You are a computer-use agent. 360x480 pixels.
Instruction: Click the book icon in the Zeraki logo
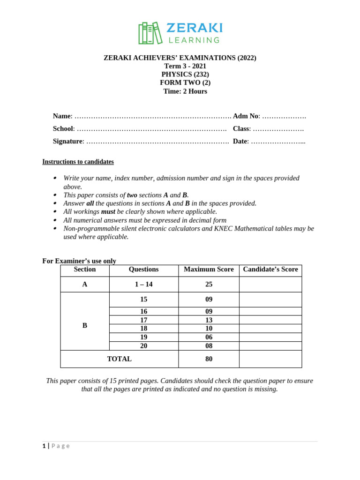[x=150, y=33]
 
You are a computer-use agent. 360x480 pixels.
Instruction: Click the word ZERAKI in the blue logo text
[x=195, y=28]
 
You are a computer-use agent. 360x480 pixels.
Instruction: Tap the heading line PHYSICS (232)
[x=185, y=74]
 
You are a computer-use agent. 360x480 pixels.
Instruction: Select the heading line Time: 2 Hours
[x=185, y=91]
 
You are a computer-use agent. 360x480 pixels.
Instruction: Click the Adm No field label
[x=245, y=116]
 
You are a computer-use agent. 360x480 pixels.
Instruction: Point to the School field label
[x=63, y=128]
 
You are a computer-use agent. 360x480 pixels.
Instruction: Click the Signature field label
[x=67, y=141]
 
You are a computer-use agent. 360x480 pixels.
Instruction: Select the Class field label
[x=241, y=128]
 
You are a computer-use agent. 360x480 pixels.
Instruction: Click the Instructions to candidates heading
[x=78, y=162]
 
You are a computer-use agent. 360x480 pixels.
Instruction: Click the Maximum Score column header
[x=209, y=270]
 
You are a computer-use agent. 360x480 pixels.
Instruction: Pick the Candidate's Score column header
[x=270, y=270]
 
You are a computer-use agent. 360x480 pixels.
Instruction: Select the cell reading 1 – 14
[x=143, y=284]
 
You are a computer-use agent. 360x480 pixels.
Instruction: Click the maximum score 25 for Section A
[x=209, y=284]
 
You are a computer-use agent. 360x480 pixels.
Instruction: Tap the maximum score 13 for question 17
[x=209, y=320]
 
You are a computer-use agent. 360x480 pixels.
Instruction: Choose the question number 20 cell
[x=143, y=346]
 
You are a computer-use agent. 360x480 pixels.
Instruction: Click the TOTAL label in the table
[x=119, y=359]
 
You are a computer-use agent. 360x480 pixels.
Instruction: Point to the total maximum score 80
[x=209, y=359]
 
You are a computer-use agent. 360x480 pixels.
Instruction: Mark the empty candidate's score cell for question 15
[x=270, y=300]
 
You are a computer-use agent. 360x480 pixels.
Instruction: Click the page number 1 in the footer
[x=44, y=446]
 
